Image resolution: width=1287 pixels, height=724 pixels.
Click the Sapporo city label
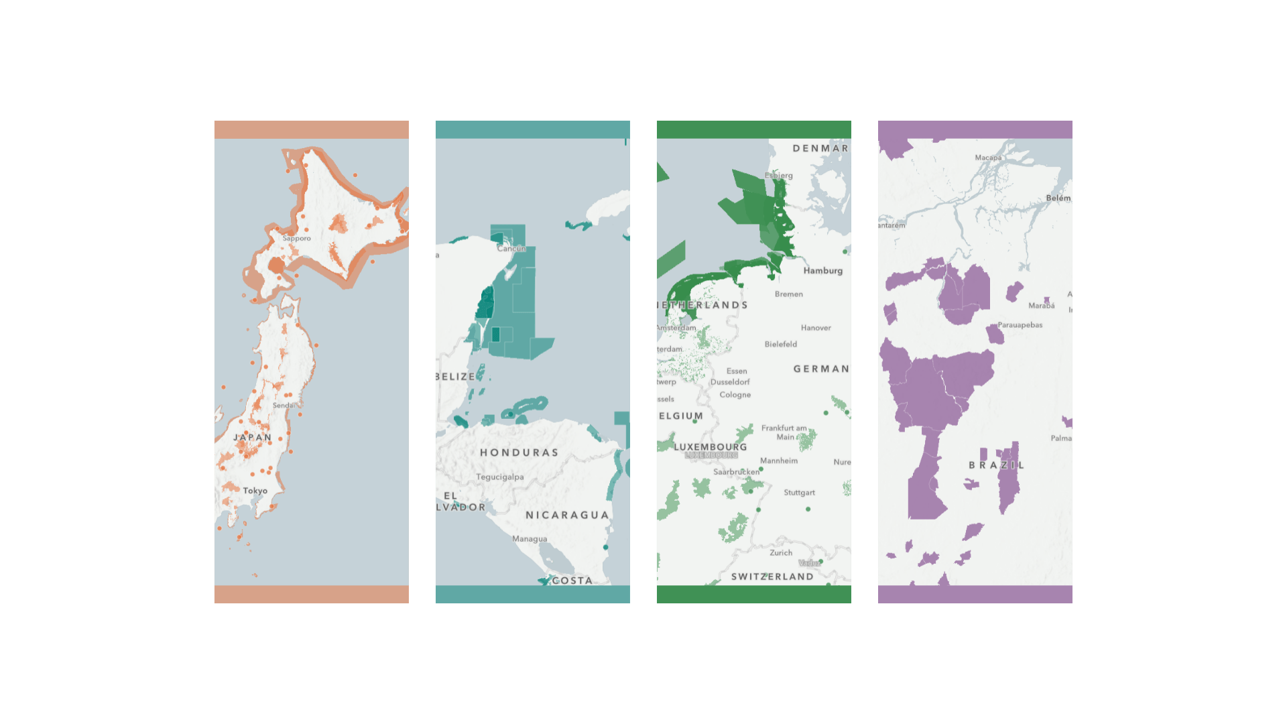click(x=296, y=239)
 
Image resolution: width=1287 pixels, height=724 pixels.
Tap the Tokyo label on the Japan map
click(x=255, y=491)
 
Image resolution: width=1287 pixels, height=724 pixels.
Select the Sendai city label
click(x=283, y=406)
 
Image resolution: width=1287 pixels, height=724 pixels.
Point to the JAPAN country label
click(x=253, y=438)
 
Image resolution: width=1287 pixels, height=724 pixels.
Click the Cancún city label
click(x=511, y=249)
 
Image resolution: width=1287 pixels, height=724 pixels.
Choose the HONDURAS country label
click(x=519, y=452)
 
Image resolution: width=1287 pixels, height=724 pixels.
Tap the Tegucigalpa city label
click(x=500, y=477)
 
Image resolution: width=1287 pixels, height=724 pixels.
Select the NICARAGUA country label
click(x=567, y=515)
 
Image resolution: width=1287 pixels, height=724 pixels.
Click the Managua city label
click(x=530, y=539)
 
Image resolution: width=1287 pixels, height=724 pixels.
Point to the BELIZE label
click(x=456, y=377)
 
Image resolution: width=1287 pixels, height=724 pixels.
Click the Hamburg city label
click(x=823, y=271)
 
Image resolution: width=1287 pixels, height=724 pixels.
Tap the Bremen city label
click(x=789, y=294)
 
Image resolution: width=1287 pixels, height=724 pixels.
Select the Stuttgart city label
click(x=800, y=493)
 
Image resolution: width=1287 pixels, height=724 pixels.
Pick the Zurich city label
click(x=781, y=553)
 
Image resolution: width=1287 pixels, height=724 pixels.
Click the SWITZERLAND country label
click(x=772, y=577)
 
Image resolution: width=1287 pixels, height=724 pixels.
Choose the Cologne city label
click(x=735, y=395)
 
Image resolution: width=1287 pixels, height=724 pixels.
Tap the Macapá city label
click(x=988, y=158)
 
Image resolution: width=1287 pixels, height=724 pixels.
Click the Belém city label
click(x=1058, y=198)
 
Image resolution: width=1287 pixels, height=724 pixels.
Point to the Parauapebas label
click(x=1020, y=325)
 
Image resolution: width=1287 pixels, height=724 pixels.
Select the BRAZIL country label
click(x=996, y=465)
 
